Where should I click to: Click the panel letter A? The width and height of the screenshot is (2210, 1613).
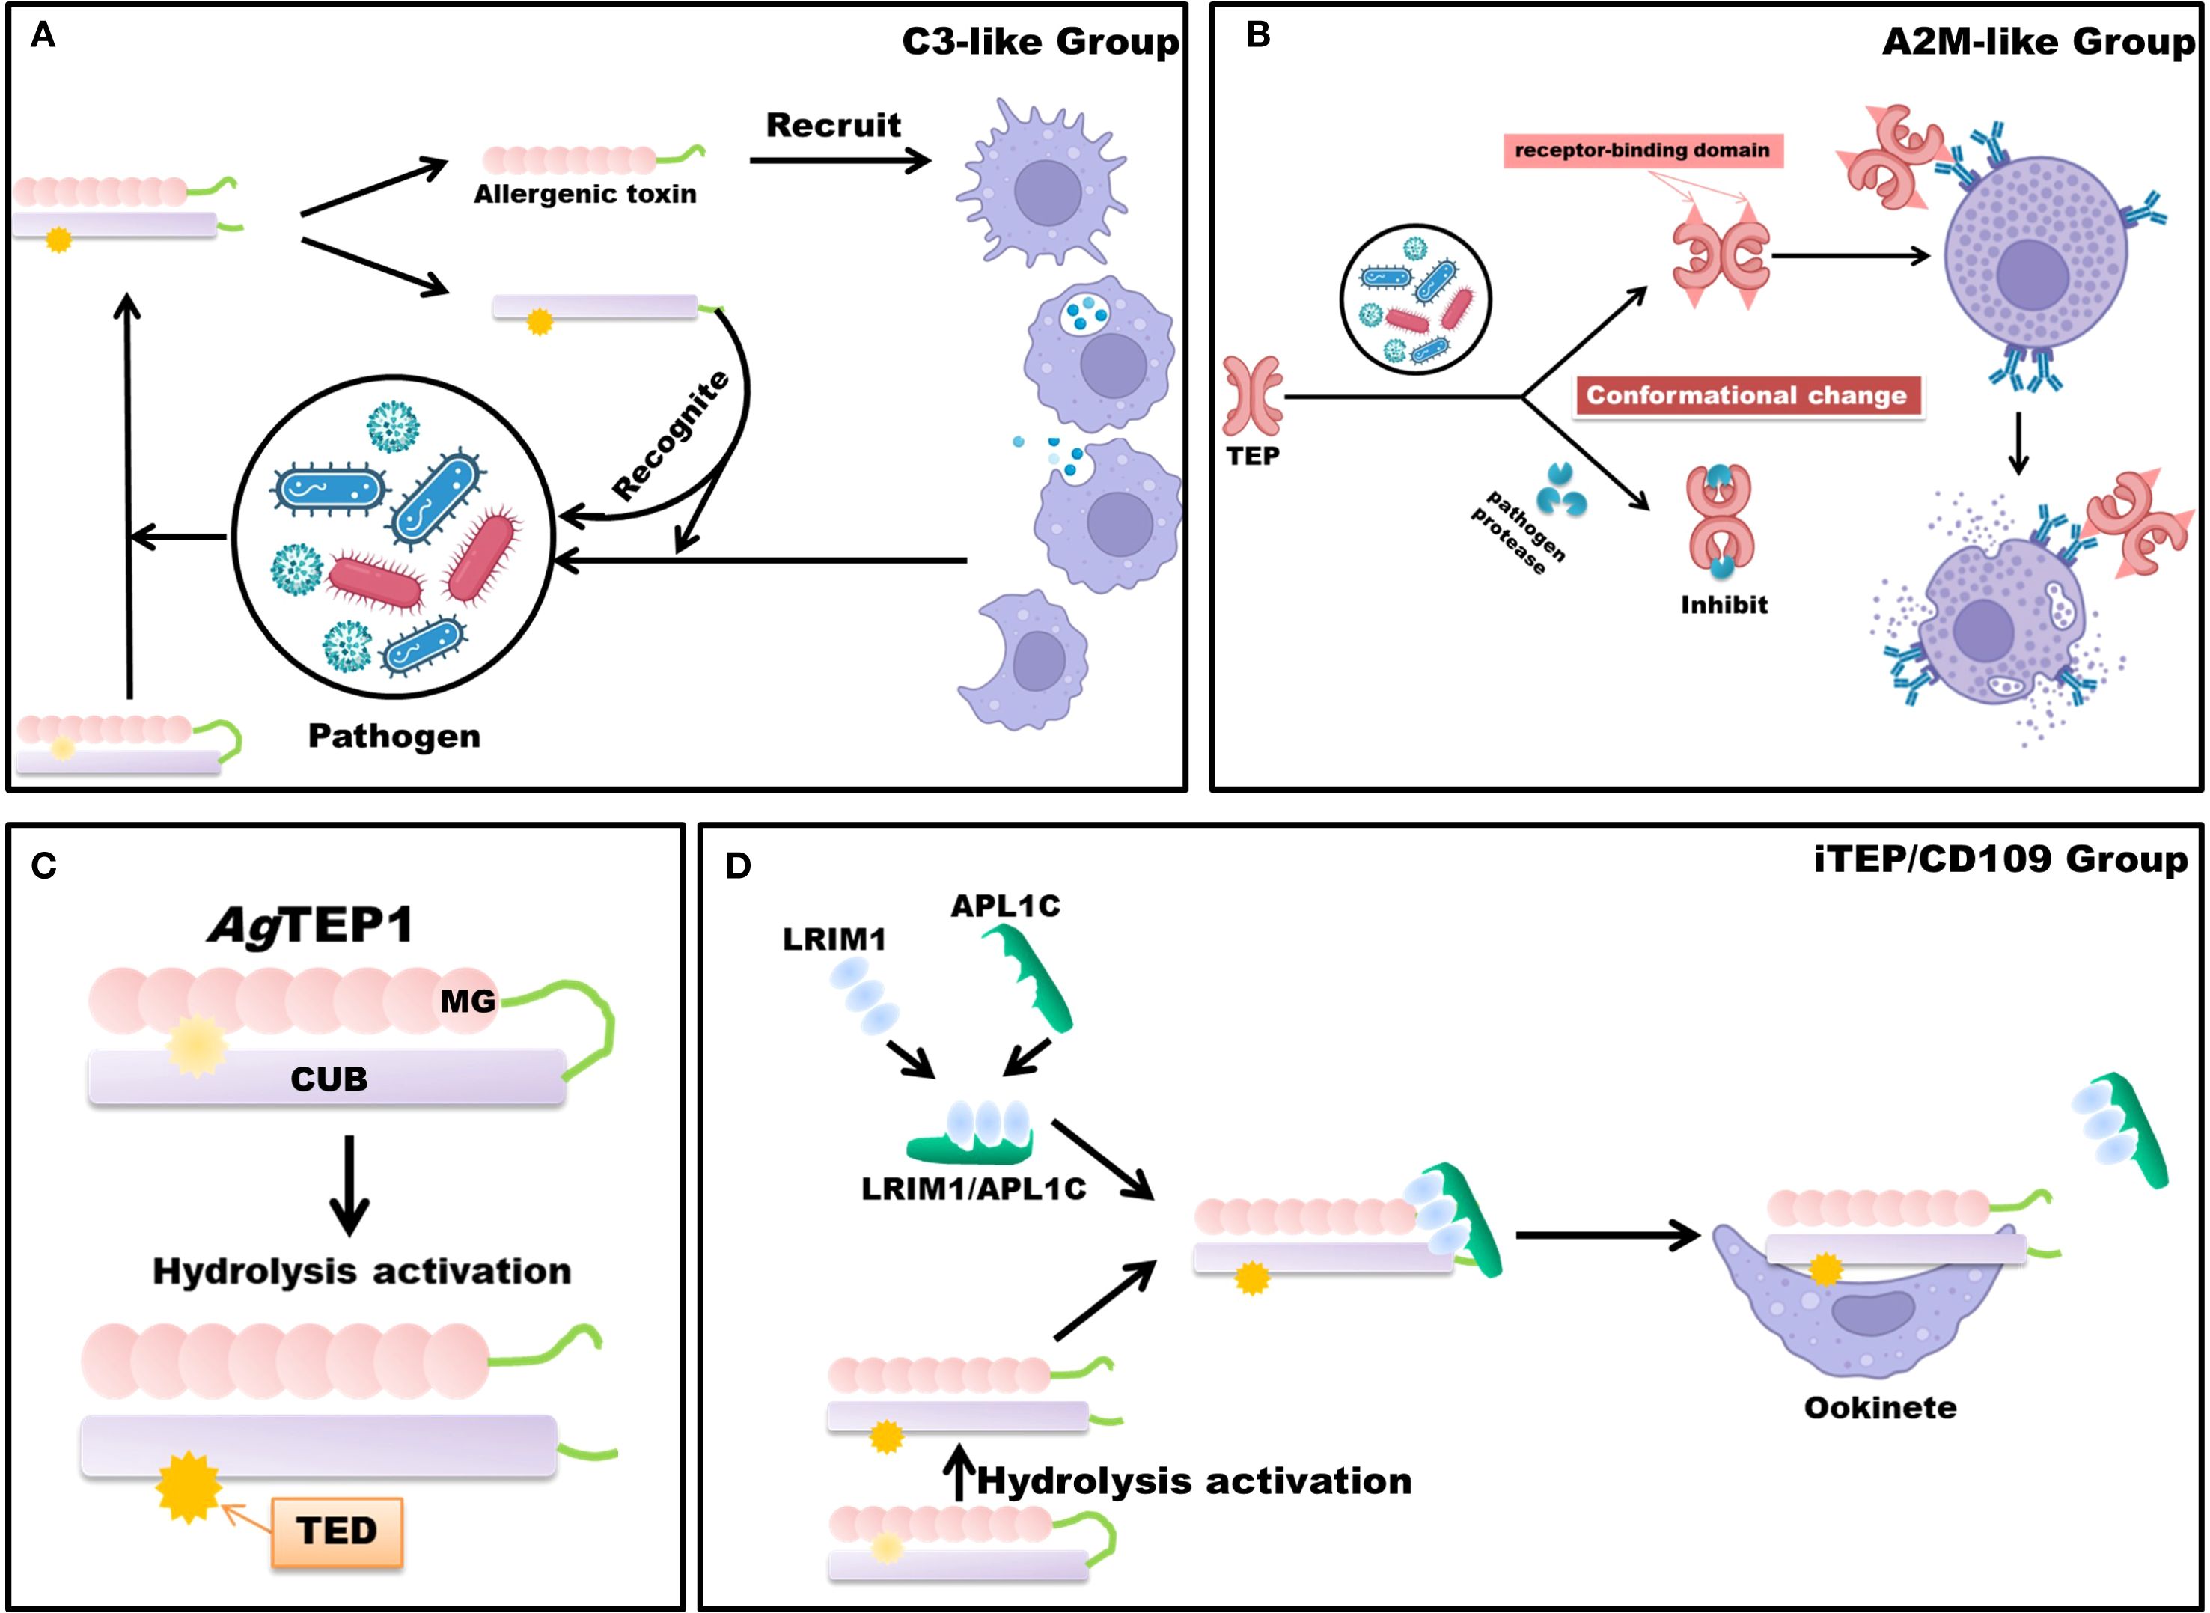click(x=43, y=37)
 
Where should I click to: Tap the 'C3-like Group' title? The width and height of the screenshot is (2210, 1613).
click(x=1040, y=42)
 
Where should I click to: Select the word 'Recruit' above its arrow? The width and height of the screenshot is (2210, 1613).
click(x=833, y=125)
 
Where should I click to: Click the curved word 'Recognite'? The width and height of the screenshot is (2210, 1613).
click(x=671, y=436)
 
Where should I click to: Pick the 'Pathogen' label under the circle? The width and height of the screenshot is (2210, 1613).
click(x=394, y=735)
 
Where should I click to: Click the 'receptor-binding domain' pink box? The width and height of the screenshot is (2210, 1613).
click(x=1642, y=150)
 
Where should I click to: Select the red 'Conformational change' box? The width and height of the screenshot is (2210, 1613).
click(x=1746, y=395)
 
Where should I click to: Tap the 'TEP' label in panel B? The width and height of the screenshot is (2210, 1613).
click(x=1252, y=456)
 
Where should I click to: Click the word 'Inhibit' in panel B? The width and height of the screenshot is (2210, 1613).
click(x=1724, y=604)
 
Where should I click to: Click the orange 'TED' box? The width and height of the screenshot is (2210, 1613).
click(x=337, y=1530)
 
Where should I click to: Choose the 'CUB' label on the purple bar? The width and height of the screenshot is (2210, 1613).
click(x=329, y=1079)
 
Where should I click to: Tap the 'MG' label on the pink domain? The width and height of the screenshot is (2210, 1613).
click(x=468, y=1001)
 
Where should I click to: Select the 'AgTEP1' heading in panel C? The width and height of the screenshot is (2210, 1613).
click(x=311, y=924)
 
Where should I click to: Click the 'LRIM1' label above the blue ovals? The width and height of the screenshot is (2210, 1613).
click(x=834, y=939)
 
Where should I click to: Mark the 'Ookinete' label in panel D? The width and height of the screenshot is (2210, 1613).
click(x=1880, y=1407)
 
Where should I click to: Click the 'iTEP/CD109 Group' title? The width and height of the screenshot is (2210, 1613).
click(x=2000, y=859)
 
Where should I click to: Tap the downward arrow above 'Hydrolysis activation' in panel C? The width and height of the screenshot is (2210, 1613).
click(x=349, y=1184)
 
